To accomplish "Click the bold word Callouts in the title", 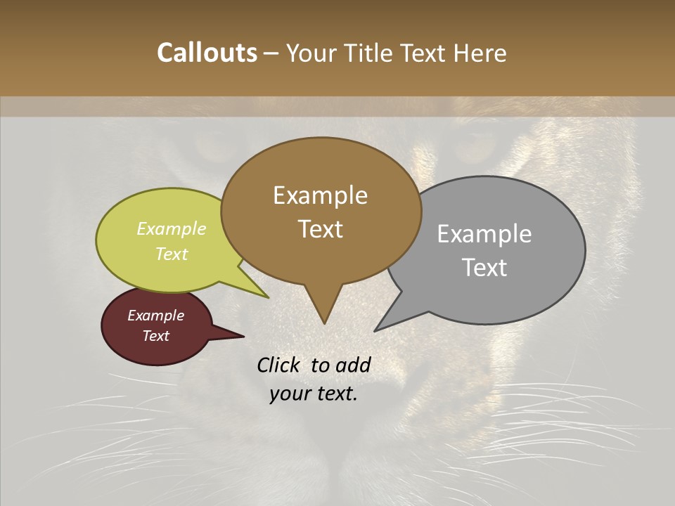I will click(207, 53).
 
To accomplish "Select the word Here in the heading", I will click(480, 53).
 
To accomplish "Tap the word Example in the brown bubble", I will click(320, 195).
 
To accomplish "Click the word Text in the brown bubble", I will click(320, 228).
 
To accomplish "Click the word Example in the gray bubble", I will click(484, 234).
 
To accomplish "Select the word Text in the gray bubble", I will click(484, 267).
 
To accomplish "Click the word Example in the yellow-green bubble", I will click(172, 228).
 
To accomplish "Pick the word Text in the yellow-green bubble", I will click(172, 254).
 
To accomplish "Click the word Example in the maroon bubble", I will click(155, 316).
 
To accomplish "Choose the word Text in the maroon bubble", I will click(155, 336).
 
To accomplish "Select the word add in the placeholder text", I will click(352, 365).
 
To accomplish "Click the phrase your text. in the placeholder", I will click(314, 394).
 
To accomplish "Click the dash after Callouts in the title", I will click(271, 54).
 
